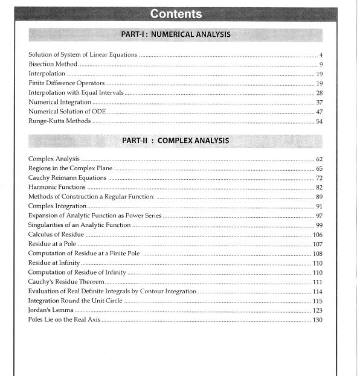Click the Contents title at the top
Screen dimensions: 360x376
pyautogui.click(x=176, y=13)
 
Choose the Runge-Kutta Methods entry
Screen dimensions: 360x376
pyautogui.click(x=59, y=121)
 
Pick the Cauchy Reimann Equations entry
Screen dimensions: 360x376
pyautogui.click(x=67, y=178)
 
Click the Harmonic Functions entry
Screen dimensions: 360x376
pyautogui.click(x=58, y=188)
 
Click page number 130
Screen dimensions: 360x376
pyautogui.click(x=318, y=319)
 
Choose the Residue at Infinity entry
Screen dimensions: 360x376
pyautogui.click(x=54, y=263)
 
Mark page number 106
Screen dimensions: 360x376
pyautogui.click(x=318, y=235)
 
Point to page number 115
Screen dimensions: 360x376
pyautogui.click(x=318, y=301)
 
